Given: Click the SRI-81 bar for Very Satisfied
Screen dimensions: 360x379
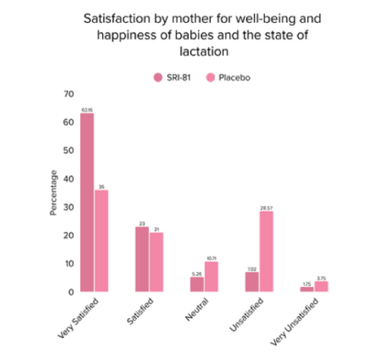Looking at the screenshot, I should click(x=87, y=202).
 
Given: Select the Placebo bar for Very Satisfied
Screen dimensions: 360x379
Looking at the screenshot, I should click(x=101, y=241).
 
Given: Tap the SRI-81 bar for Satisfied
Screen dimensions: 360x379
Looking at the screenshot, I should click(x=142, y=259).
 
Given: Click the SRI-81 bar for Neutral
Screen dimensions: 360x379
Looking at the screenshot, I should click(x=197, y=284).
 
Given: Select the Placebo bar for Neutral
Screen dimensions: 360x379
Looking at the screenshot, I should click(x=212, y=276).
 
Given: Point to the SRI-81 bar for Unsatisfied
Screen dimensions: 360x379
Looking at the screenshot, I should click(x=252, y=282).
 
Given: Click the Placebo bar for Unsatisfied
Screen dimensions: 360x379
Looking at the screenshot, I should click(x=266, y=251).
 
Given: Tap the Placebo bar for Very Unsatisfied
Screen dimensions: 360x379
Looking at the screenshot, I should click(x=322, y=286).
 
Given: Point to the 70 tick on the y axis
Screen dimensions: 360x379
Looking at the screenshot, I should click(x=68, y=94).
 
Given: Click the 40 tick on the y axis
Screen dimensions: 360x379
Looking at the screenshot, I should click(x=68, y=178).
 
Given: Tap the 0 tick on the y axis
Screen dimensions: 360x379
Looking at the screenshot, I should click(x=71, y=291).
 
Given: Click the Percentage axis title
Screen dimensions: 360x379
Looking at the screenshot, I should click(x=53, y=192).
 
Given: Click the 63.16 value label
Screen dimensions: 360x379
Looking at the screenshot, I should click(x=87, y=109).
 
